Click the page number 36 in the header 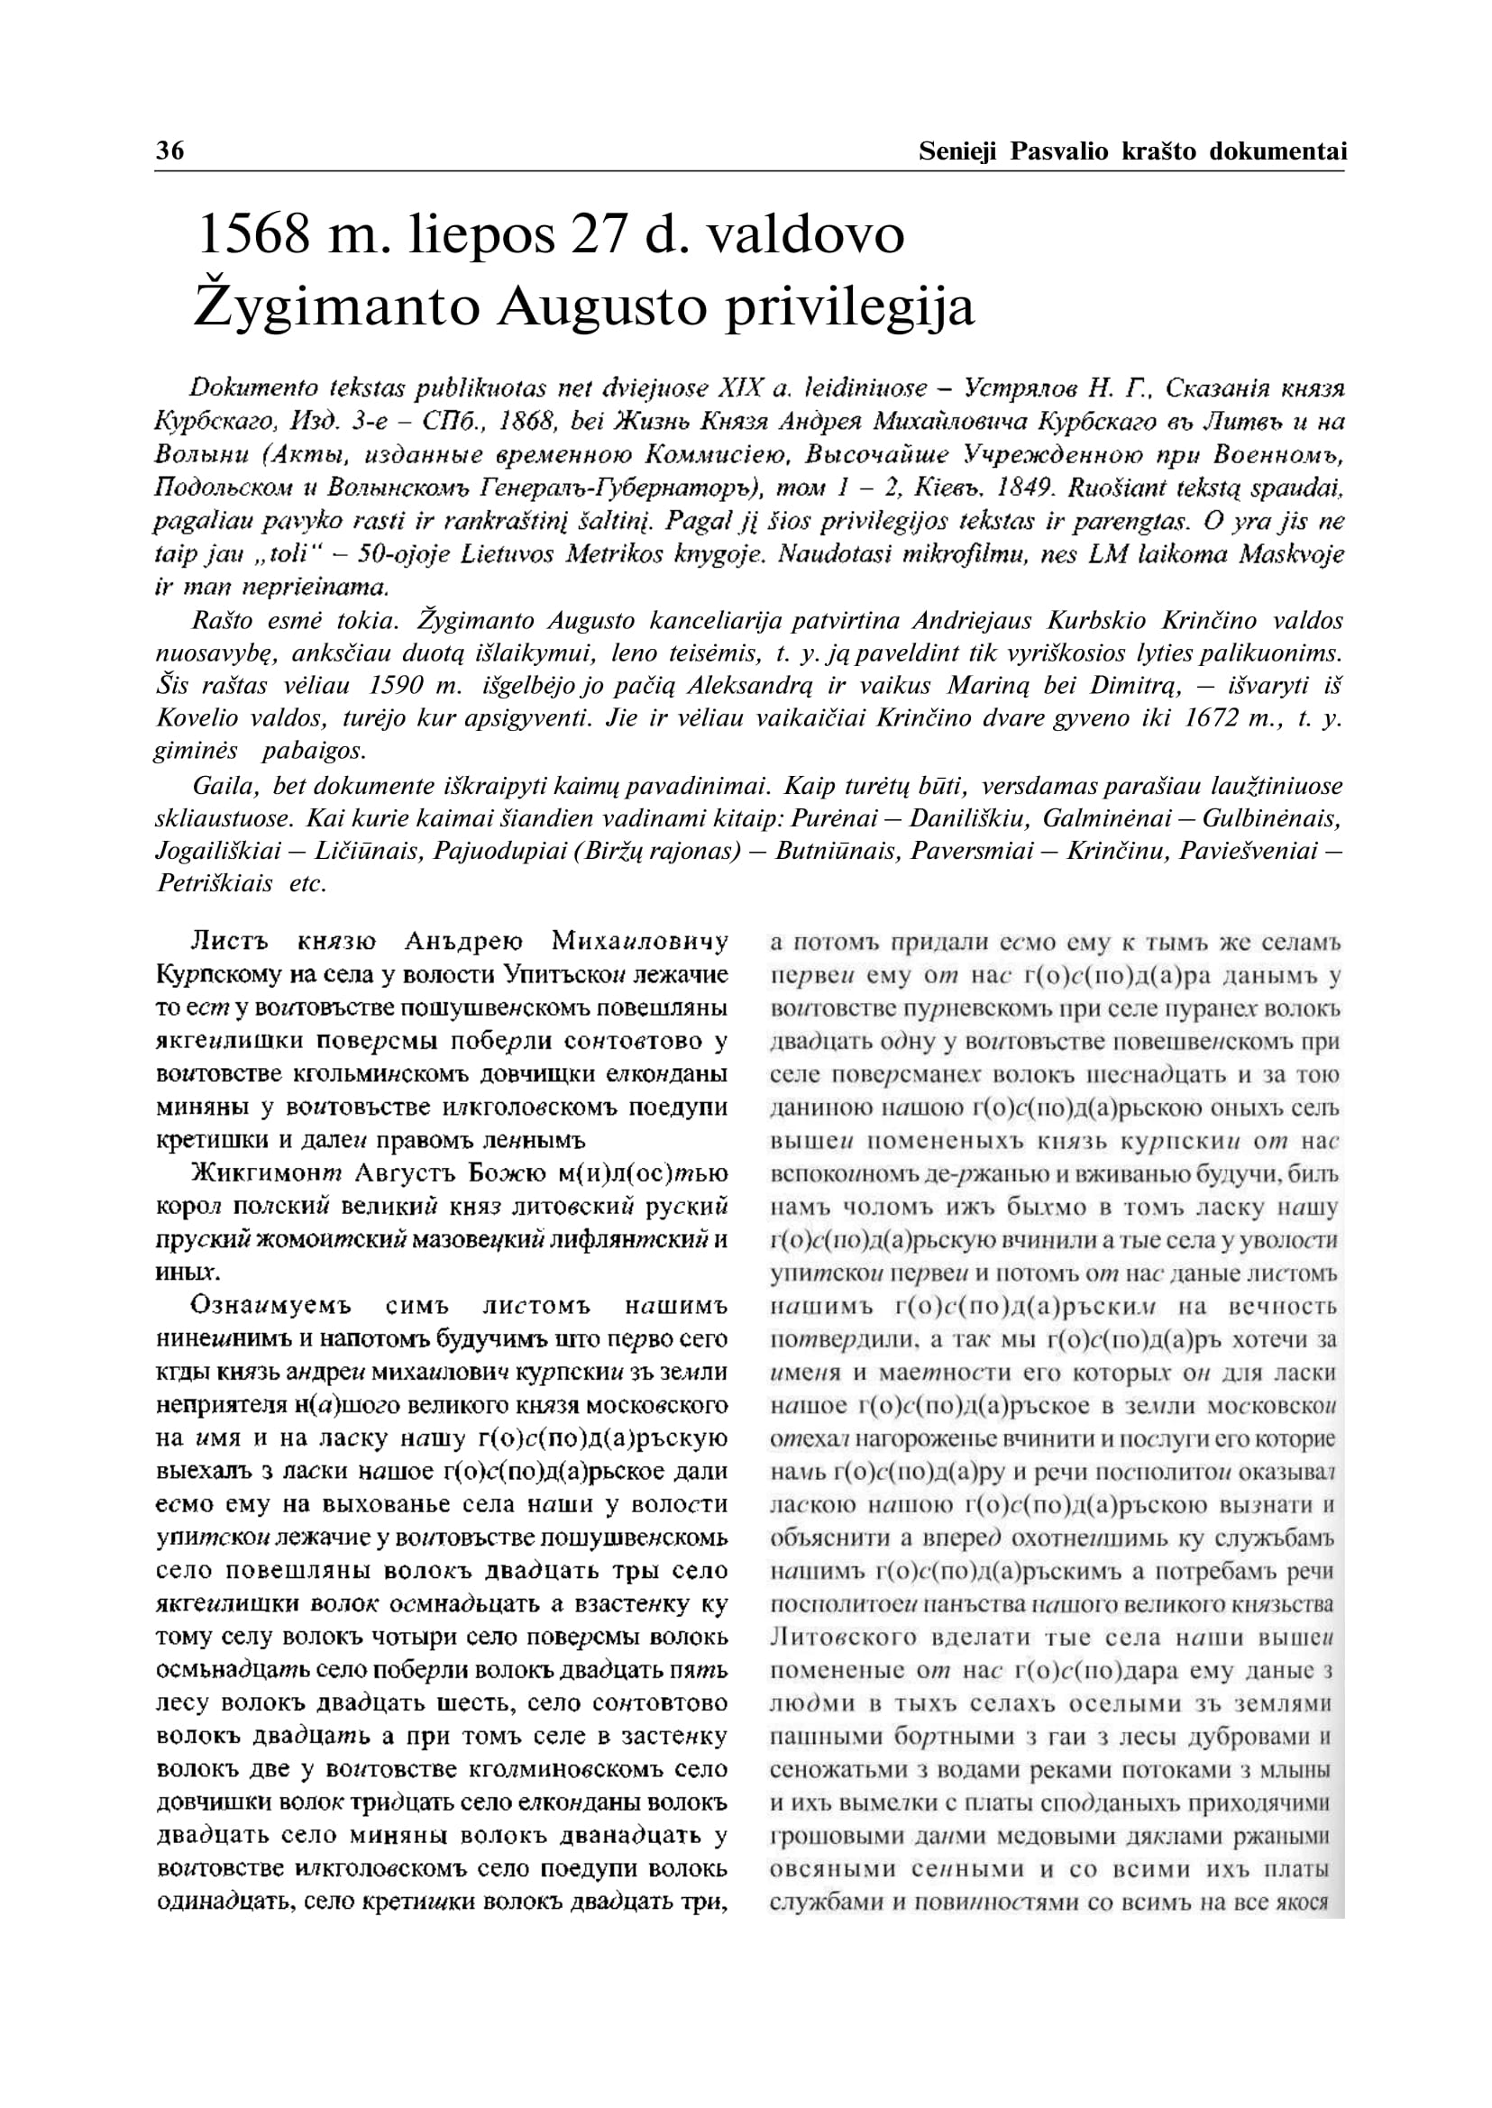[170, 151]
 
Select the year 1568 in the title [252, 235]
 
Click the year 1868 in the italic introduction [527, 422]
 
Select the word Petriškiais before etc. [215, 883]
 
